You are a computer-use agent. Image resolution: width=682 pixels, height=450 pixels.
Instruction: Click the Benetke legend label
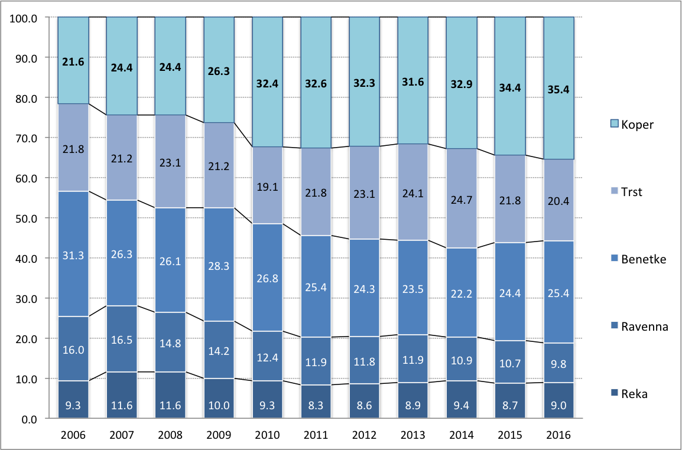643,259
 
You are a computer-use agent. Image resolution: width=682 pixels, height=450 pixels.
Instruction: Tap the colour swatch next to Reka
615,394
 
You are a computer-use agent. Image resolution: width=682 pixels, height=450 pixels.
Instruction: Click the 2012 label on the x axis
364,435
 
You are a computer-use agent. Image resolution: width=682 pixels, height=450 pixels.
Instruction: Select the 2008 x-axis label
170,435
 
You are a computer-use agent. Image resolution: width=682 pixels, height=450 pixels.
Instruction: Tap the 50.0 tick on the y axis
25,218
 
